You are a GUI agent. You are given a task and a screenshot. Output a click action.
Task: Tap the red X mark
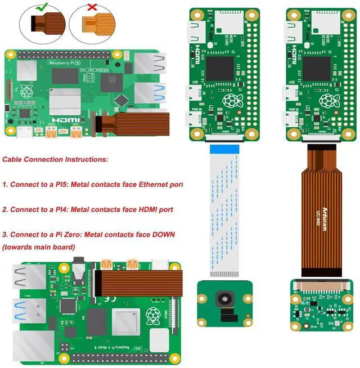pos(91,8)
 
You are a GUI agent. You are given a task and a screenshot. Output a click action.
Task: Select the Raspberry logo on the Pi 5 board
pos(26,91)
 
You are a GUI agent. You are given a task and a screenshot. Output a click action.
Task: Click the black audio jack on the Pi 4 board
pos(79,274)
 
